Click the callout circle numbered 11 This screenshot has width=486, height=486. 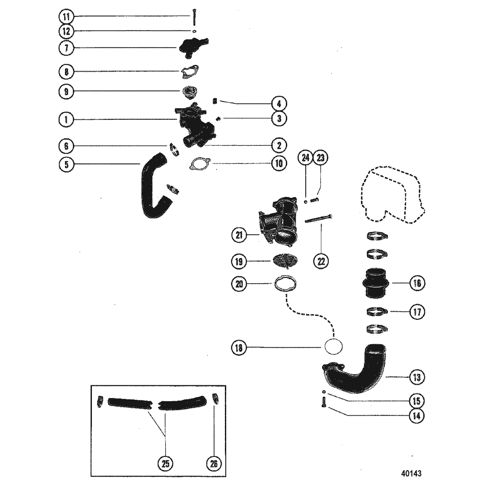pyautogui.click(x=66, y=17)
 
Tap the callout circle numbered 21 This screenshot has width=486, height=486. pyautogui.click(x=239, y=236)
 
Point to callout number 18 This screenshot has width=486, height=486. pyautogui.click(x=239, y=348)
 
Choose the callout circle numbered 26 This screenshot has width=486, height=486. pyautogui.click(x=215, y=463)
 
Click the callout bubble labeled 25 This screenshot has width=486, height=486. pyautogui.click(x=166, y=463)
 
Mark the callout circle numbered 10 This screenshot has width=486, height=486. pyautogui.click(x=279, y=164)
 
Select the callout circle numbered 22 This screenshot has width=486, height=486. pyautogui.click(x=321, y=261)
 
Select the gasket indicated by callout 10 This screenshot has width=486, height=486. pyautogui.click(x=197, y=164)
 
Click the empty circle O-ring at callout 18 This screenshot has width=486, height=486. pyautogui.click(x=334, y=347)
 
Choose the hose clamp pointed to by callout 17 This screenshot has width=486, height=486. pyautogui.click(x=377, y=312)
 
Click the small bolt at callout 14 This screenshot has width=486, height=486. pyautogui.click(x=324, y=403)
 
